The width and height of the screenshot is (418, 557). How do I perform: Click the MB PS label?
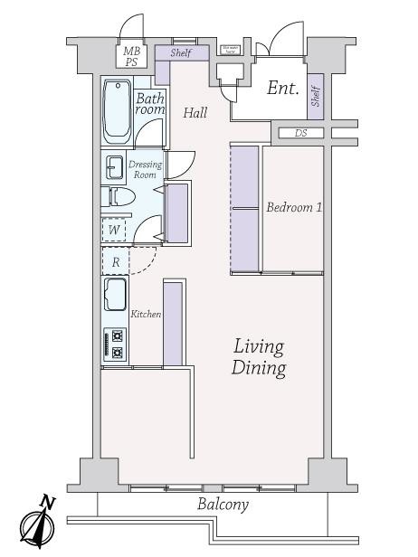click(x=132, y=57)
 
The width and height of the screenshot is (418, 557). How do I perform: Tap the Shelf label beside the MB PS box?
click(x=181, y=53)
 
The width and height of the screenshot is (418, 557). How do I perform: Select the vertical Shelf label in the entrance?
click(x=316, y=97)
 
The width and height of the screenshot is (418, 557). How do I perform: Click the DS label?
click(x=300, y=133)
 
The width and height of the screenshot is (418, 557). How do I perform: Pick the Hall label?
click(x=195, y=113)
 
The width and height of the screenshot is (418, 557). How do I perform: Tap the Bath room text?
click(x=150, y=103)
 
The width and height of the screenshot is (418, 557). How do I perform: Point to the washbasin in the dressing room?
click(x=114, y=167)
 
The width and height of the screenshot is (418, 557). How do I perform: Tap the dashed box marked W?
click(x=115, y=230)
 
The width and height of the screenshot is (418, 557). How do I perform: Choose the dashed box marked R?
click(x=115, y=261)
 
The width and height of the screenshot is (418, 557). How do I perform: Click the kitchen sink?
click(x=116, y=295)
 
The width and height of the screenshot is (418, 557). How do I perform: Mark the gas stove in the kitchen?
click(x=115, y=345)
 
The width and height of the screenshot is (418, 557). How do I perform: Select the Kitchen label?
click(x=146, y=315)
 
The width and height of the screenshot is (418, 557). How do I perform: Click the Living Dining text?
click(x=260, y=357)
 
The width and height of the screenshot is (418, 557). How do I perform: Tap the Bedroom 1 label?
click(x=294, y=208)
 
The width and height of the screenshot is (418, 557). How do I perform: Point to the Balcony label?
click(x=223, y=505)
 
